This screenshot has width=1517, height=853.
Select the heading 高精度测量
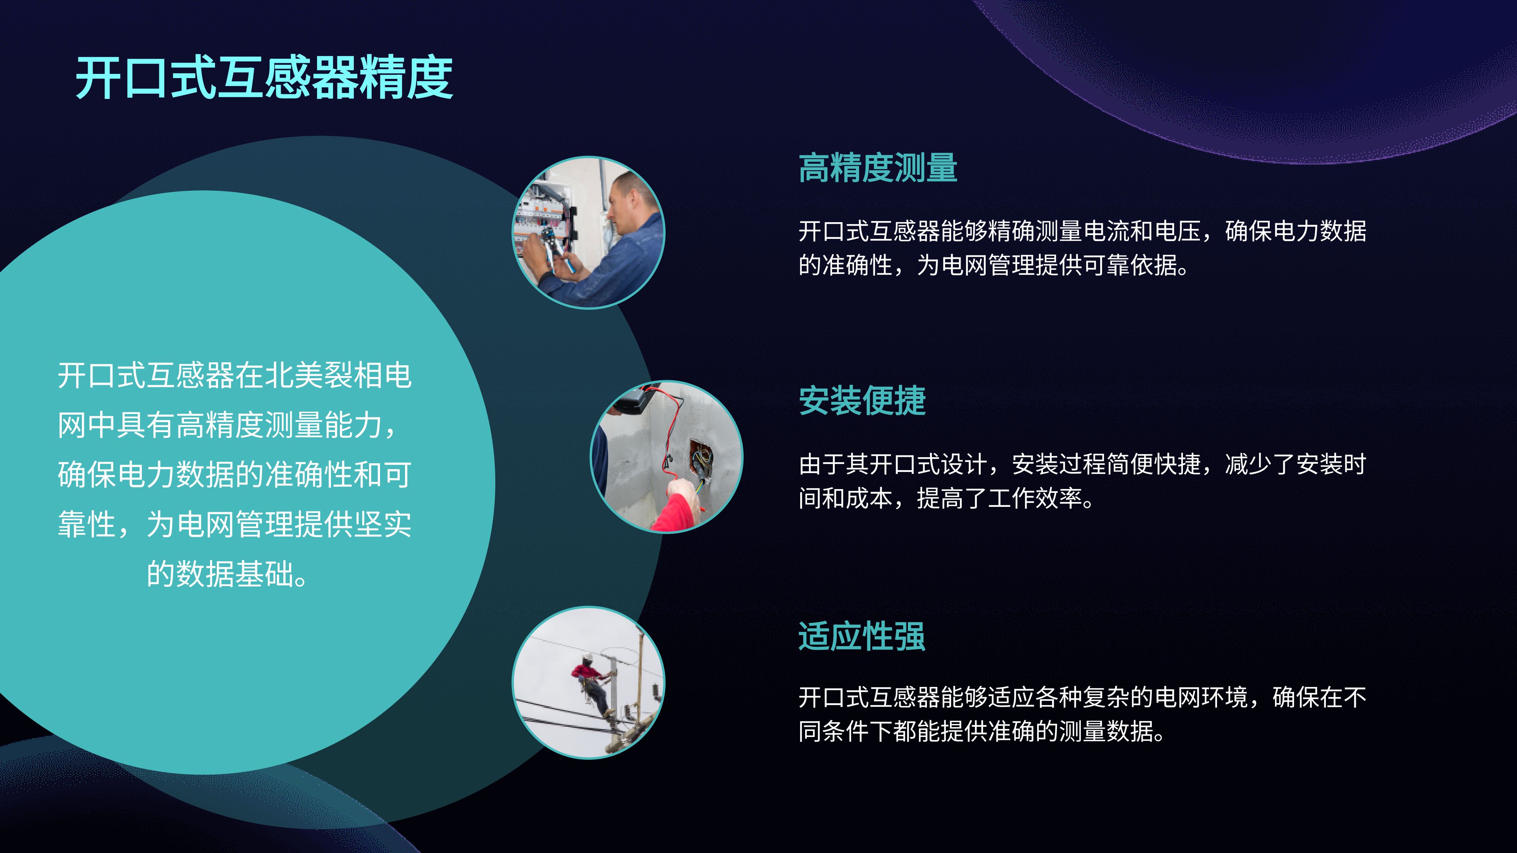(878, 168)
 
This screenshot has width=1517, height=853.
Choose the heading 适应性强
(862, 637)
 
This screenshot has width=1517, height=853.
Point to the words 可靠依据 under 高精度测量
(1130, 265)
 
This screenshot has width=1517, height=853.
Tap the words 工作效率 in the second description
(1035, 498)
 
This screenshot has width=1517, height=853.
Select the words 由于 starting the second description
(822, 464)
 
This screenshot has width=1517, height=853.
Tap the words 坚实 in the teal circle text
(383, 524)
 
